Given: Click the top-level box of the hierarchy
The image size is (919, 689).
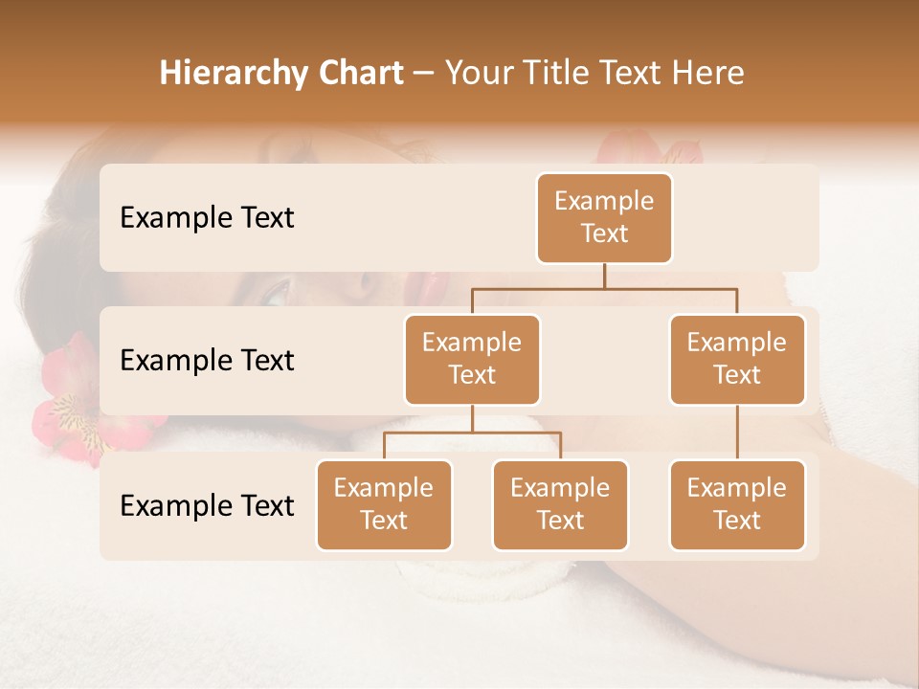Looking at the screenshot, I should [x=604, y=218].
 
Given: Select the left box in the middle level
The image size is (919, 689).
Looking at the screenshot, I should [x=472, y=360].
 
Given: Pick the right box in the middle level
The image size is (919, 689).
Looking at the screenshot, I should [x=737, y=360].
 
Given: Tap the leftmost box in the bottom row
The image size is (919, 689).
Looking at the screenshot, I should [x=384, y=505].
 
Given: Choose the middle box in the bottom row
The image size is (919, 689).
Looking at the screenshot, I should [x=560, y=505].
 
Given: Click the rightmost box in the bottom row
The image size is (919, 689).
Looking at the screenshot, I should [x=737, y=505].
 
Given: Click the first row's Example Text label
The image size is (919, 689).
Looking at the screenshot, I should [x=207, y=218].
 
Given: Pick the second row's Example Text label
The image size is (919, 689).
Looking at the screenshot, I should [x=207, y=361].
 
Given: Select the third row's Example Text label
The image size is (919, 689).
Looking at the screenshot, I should [x=207, y=505].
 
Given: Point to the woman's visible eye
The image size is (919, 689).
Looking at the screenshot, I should [x=276, y=292].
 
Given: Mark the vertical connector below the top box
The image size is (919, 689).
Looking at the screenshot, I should [x=604, y=276].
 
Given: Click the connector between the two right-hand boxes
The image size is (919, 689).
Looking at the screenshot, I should [x=737, y=433].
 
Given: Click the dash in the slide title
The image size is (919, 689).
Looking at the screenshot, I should [x=423, y=75].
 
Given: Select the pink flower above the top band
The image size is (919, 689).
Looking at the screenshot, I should [x=651, y=148].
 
